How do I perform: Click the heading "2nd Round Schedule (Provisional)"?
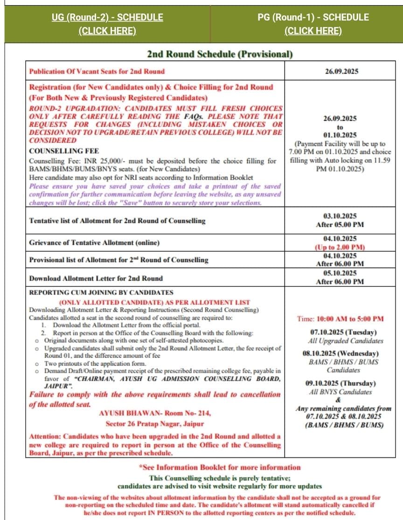tap(220, 54)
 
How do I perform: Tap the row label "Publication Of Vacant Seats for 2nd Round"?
tap(97, 71)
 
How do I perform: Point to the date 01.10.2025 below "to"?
tap(340, 135)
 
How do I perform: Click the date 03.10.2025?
tap(340, 216)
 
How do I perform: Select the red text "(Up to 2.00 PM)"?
tap(340, 247)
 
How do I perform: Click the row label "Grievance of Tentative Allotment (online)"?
tap(94, 243)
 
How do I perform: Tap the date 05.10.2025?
tap(340, 273)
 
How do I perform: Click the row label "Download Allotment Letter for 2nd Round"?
tap(96, 278)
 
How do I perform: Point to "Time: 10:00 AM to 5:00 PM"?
tap(340, 319)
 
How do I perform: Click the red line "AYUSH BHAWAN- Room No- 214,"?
tap(155, 414)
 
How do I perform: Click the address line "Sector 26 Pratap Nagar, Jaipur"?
tap(155, 424)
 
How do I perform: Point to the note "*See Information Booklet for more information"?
tap(220, 467)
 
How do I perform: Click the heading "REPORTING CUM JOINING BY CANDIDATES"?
tap(101, 292)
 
